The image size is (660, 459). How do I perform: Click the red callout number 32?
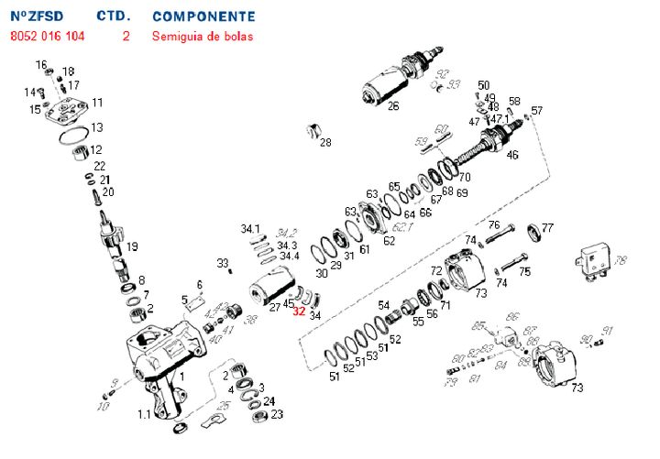point(298,311)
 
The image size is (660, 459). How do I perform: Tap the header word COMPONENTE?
point(203,16)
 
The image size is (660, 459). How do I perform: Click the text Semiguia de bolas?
point(202,37)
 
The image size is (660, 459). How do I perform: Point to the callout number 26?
point(392,105)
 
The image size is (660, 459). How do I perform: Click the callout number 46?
point(511,155)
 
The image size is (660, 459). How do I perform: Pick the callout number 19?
point(132,246)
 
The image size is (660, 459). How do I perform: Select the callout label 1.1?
point(144,414)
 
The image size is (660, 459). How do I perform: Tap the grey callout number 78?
point(620,261)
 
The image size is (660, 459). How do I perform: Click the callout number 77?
point(547,228)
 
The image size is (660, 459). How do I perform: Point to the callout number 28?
point(324,142)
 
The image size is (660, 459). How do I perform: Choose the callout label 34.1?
point(250,228)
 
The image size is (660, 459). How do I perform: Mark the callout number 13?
point(96,126)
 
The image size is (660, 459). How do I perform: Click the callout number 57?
point(536,111)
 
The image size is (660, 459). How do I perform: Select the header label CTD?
point(114,16)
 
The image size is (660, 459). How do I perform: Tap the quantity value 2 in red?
point(126,37)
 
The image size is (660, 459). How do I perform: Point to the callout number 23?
point(278,414)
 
